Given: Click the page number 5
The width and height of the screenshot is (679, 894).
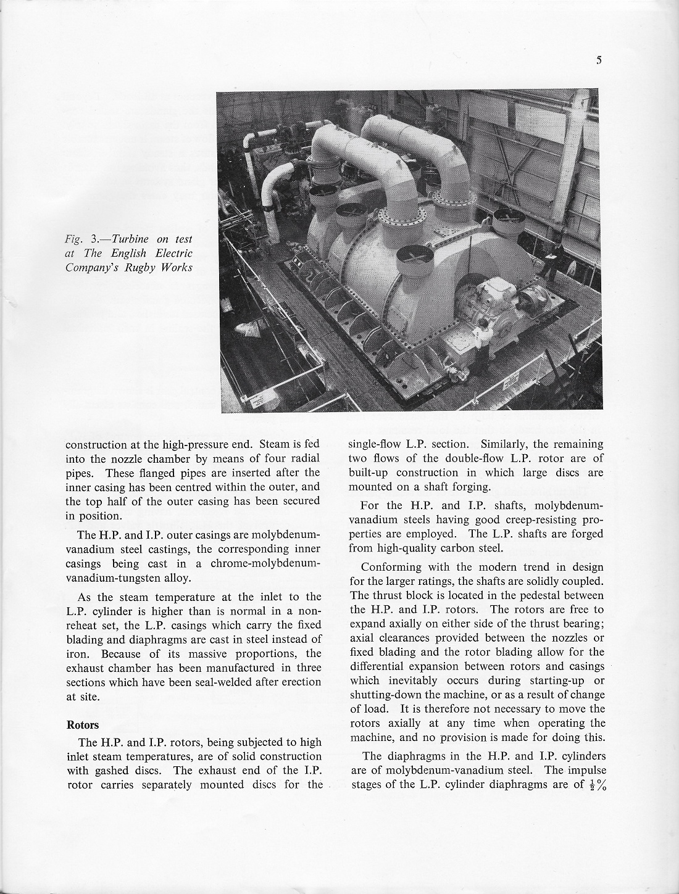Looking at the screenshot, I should [x=599, y=60].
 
